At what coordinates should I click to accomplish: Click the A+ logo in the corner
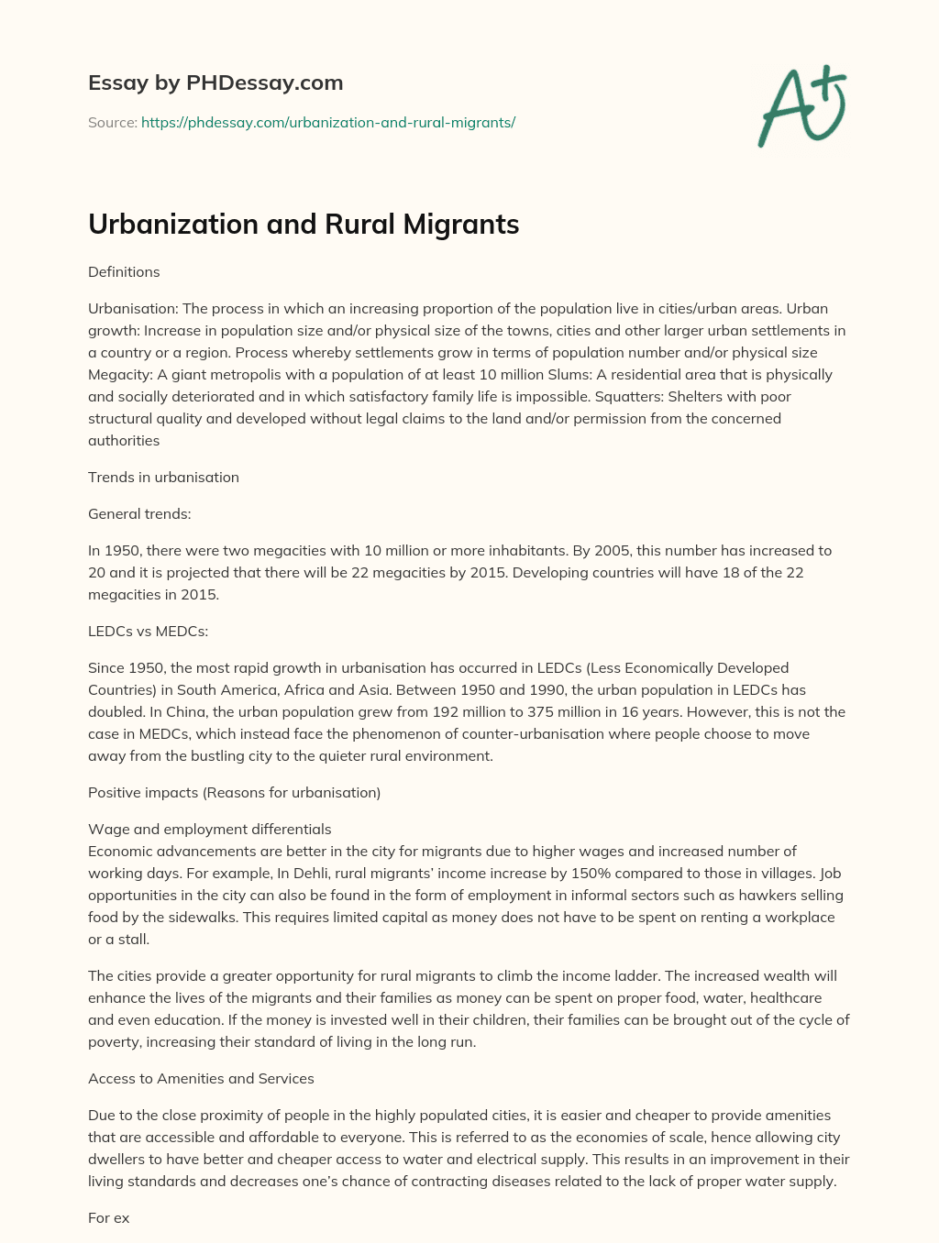tap(802, 106)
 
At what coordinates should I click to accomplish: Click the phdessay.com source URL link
tap(328, 122)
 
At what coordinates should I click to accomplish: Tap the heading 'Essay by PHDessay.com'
tap(215, 82)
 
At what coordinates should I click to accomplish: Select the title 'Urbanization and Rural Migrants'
tap(304, 225)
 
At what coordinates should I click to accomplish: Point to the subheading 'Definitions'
tap(124, 271)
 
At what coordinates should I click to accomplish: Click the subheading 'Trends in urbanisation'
tap(163, 477)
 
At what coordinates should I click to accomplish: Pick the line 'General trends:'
tap(139, 513)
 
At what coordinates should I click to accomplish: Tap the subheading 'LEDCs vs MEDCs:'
tap(148, 631)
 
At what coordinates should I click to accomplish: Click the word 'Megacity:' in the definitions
tap(120, 374)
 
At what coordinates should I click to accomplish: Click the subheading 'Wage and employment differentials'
tap(209, 829)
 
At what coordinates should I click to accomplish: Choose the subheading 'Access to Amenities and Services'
tap(201, 1078)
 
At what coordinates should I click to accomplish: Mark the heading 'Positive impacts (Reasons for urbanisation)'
tap(234, 792)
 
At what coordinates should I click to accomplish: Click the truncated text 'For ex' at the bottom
tap(108, 1217)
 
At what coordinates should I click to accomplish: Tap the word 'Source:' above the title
tap(112, 122)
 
